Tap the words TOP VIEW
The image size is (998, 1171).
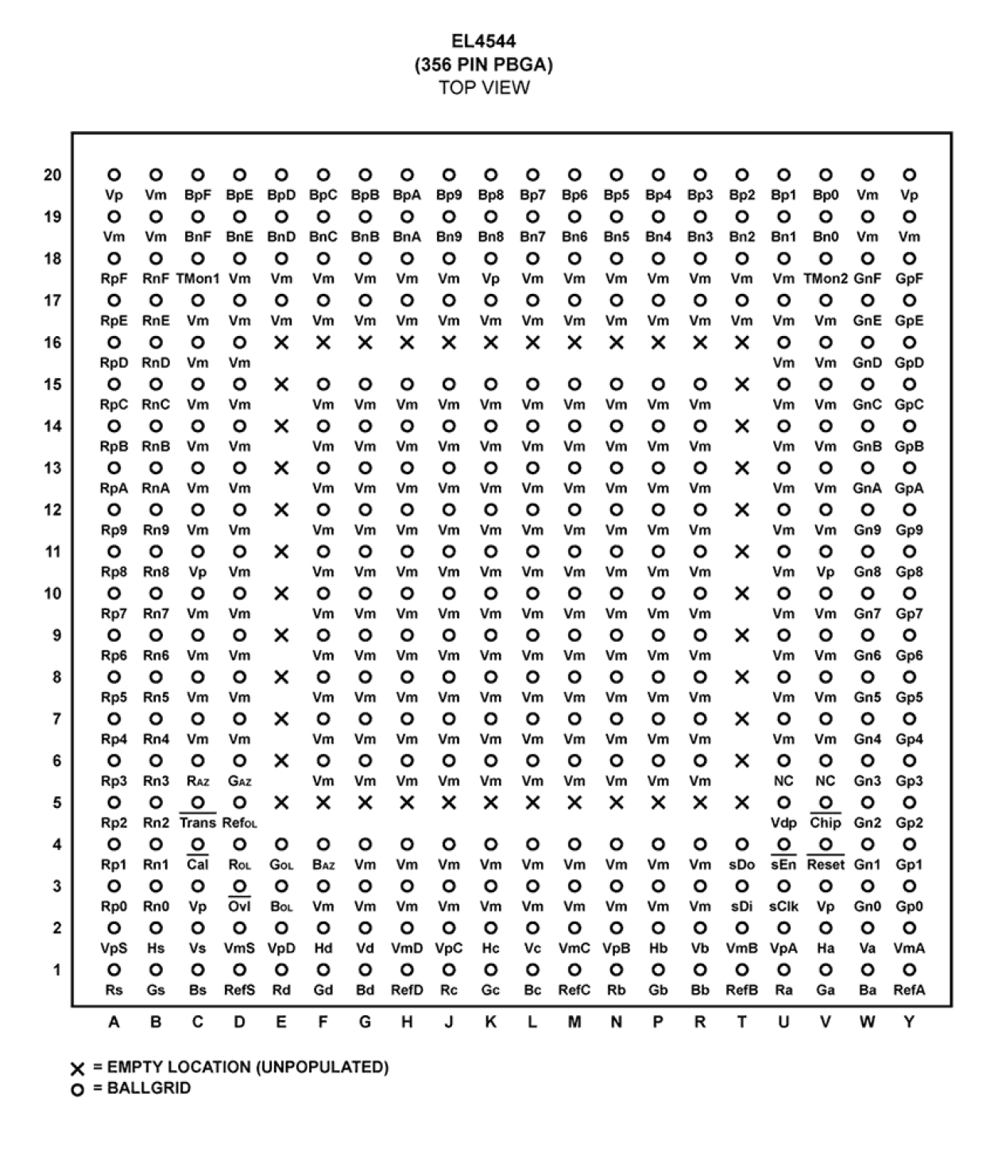(484, 87)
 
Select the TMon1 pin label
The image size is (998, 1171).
(197, 279)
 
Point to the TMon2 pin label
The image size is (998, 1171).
(826, 279)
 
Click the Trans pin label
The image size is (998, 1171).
(197, 823)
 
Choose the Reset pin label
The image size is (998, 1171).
(826, 865)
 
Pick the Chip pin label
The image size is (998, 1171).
(826, 823)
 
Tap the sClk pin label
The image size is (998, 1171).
(783, 906)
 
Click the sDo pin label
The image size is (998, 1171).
(741, 865)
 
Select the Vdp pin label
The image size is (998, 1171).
(783, 823)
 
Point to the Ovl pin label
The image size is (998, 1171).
(239, 906)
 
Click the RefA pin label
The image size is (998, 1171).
(909, 991)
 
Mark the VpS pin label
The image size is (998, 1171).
(114, 949)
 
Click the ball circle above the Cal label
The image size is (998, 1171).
(198, 844)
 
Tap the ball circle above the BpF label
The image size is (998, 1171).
(198, 175)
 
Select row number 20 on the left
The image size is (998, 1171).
(52, 175)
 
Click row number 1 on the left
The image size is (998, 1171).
(56, 970)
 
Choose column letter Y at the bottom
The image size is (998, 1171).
(909, 1023)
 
